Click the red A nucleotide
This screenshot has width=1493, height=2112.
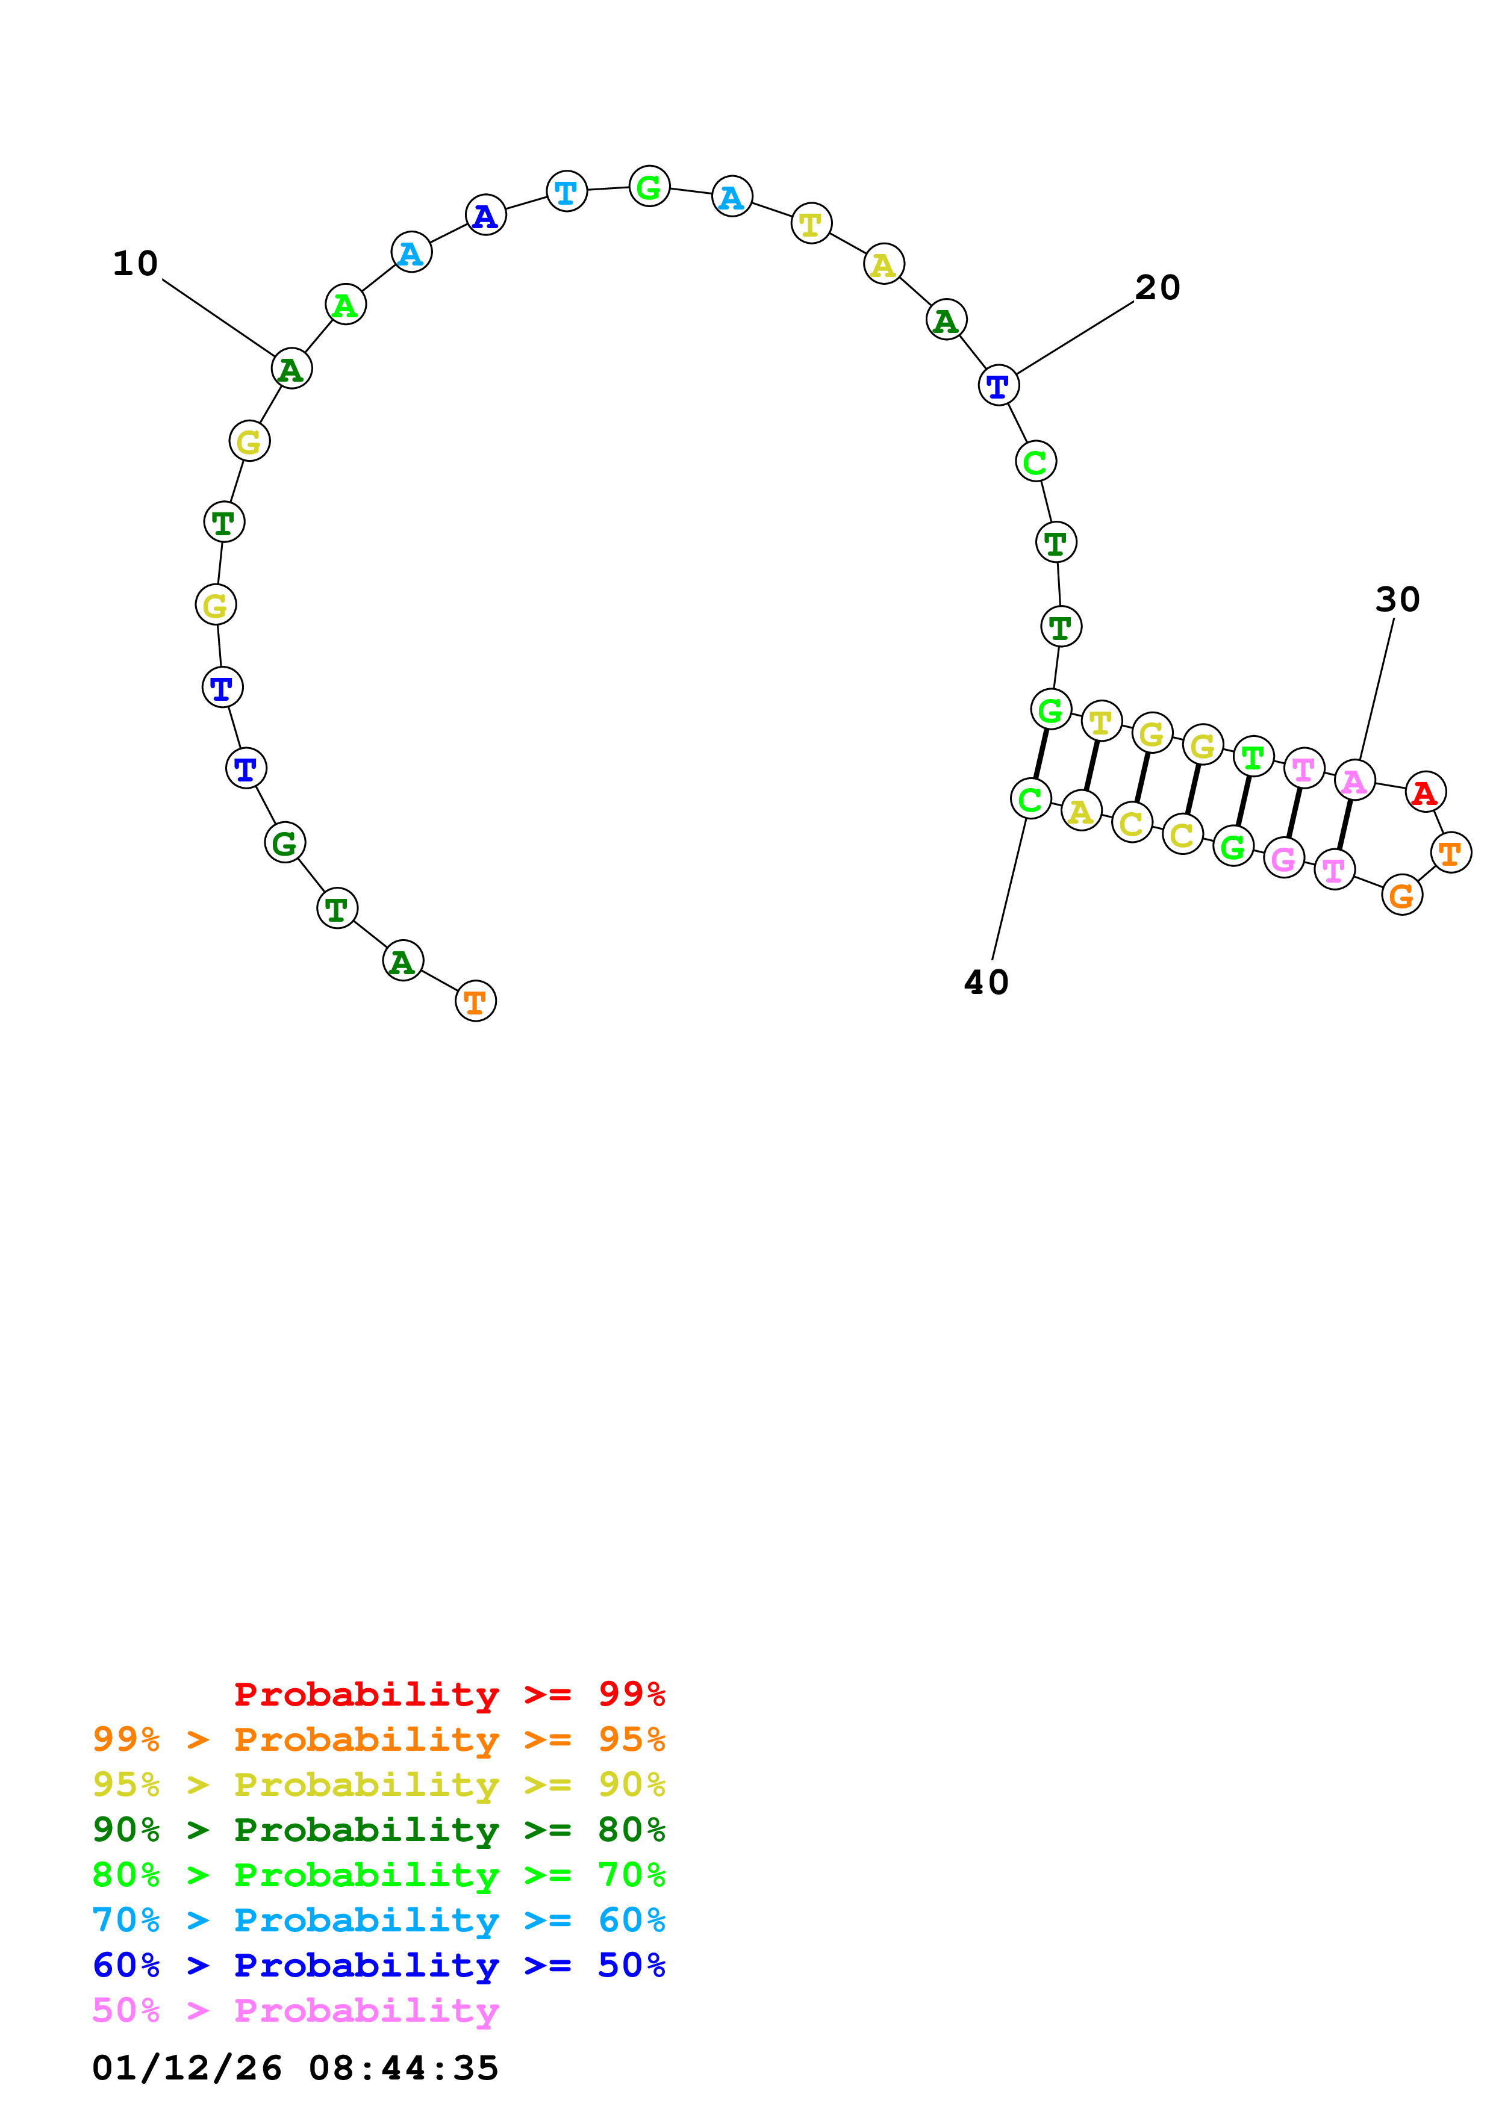tap(1425, 792)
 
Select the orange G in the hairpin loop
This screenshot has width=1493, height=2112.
tap(1401, 895)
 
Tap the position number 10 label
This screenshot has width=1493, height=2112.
tap(136, 264)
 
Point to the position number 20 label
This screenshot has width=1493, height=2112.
tap(1157, 288)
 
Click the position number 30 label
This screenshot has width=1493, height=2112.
tap(1397, 600)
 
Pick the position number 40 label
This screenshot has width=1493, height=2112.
tap(986, 983)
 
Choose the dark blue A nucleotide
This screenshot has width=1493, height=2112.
tap(485, 216)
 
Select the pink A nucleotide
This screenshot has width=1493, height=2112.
tap(1354, 781)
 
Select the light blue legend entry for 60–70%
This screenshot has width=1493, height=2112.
tap(378, 1920)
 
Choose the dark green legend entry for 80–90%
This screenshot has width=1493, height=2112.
tap(378, 1830)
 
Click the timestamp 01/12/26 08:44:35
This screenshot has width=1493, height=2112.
tap(295, 2068)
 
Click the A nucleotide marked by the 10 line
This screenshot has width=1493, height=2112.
tap(291, 369)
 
